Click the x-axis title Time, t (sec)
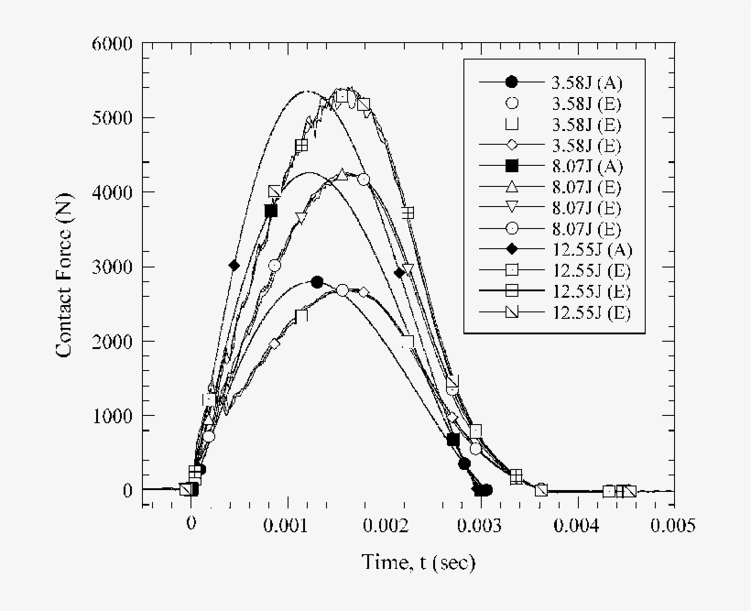[419, 562]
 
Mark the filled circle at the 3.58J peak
[317, 282]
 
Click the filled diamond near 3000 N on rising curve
[234, 266]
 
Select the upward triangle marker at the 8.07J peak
[342, 174]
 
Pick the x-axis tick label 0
[190, 525]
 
